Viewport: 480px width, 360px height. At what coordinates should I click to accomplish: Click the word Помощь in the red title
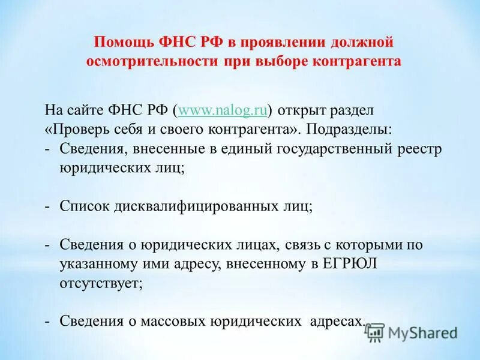119,43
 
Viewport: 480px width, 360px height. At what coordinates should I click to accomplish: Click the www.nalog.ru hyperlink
223,110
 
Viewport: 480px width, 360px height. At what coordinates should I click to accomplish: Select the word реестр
420,149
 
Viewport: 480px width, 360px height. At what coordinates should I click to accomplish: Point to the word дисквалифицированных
196,206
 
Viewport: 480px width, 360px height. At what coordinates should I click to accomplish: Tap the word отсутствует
101,283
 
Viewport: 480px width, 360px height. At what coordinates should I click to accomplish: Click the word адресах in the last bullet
335,321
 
